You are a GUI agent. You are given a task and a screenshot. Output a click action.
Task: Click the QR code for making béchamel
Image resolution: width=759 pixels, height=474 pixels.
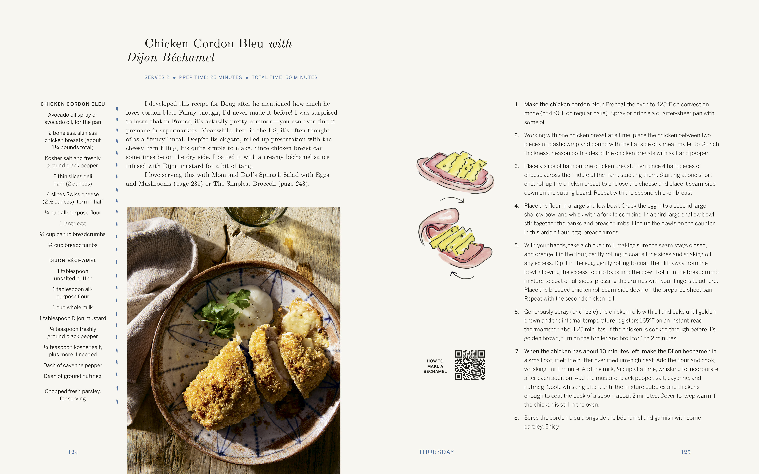(469, 365)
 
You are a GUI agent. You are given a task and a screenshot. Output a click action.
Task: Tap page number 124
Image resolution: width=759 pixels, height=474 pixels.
(73, 452)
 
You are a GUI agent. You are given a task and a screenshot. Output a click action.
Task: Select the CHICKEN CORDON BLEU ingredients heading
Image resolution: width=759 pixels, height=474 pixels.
(73, 104)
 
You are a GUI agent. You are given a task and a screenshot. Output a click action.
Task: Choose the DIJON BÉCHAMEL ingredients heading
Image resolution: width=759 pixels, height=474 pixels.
(73, 261)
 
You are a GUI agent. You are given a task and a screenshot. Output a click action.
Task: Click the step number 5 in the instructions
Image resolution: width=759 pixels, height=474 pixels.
(517, 246)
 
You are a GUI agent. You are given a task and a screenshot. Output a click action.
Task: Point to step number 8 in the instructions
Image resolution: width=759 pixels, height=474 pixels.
(517, 418)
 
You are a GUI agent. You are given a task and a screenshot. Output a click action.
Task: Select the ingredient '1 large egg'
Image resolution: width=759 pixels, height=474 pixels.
(73, 224)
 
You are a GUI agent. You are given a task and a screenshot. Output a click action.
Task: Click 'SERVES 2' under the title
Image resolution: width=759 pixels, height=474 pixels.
(157, 77)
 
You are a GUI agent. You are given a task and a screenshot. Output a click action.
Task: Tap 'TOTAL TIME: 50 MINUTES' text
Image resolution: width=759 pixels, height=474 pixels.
(284, 77)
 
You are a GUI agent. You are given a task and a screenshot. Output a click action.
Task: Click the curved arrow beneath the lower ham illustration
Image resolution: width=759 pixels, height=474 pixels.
(462, 275)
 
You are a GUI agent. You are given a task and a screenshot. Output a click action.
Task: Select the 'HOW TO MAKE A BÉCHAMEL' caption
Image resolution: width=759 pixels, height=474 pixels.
(435, 366)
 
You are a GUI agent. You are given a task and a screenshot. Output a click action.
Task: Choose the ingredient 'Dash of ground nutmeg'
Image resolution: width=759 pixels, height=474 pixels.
(73, 376)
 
